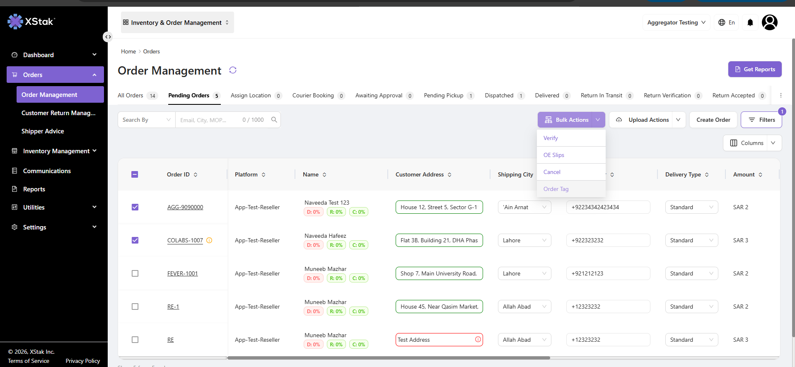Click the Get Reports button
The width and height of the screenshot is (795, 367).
[x=755, y=69]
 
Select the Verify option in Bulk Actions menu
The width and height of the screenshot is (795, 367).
[x=551, y=138]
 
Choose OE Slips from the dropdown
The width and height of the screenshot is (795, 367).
[x=554, y=155]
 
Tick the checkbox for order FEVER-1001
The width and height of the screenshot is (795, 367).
[x=135, y=273]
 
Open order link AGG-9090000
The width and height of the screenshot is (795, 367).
[x=185, y=207]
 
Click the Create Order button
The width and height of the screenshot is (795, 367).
[x=713, y=120]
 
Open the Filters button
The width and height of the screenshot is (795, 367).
[x=761, y=120]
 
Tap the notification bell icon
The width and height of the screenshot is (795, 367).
[x=750, y=22]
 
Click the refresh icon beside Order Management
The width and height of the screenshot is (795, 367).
[x=233, y=70]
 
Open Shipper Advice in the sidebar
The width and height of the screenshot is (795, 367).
[x=43, y=131]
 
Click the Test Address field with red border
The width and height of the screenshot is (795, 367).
[x=439, y=340]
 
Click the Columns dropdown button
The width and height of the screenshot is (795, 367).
[x=752, y=143]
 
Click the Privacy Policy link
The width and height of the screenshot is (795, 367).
[x=83, y=361]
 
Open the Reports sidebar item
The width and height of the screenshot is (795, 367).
[x=34, y=189]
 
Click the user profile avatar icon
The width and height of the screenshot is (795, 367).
[x=770, y=22]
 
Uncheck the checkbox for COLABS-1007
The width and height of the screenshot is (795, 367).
[x=135, y=240]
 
